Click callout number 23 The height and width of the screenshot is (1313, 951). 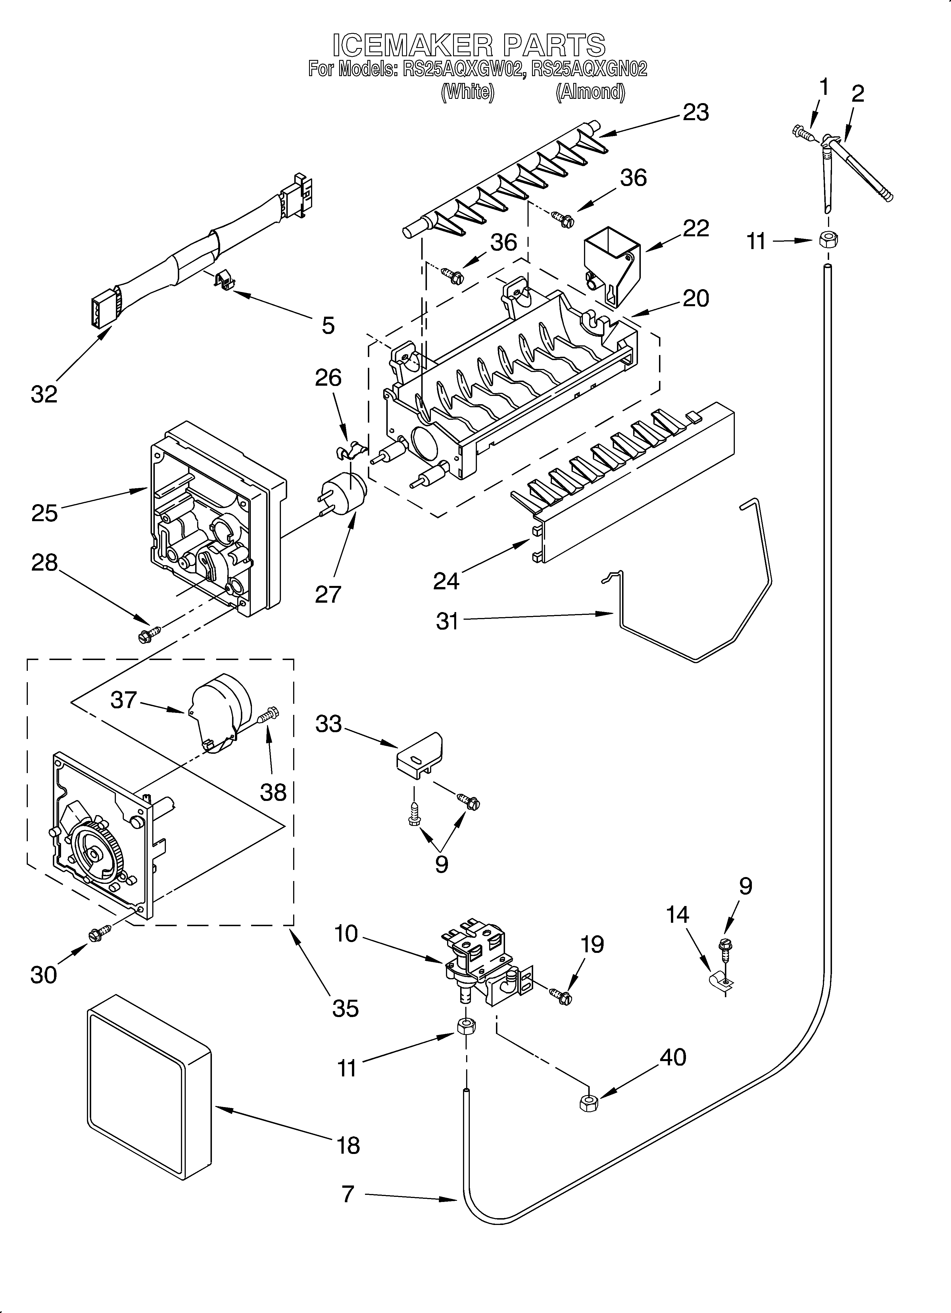(x=696, y=112)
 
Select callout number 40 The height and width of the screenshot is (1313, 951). (x=673, y=1057)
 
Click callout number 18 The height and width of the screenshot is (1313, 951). (x=348, y=1145)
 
